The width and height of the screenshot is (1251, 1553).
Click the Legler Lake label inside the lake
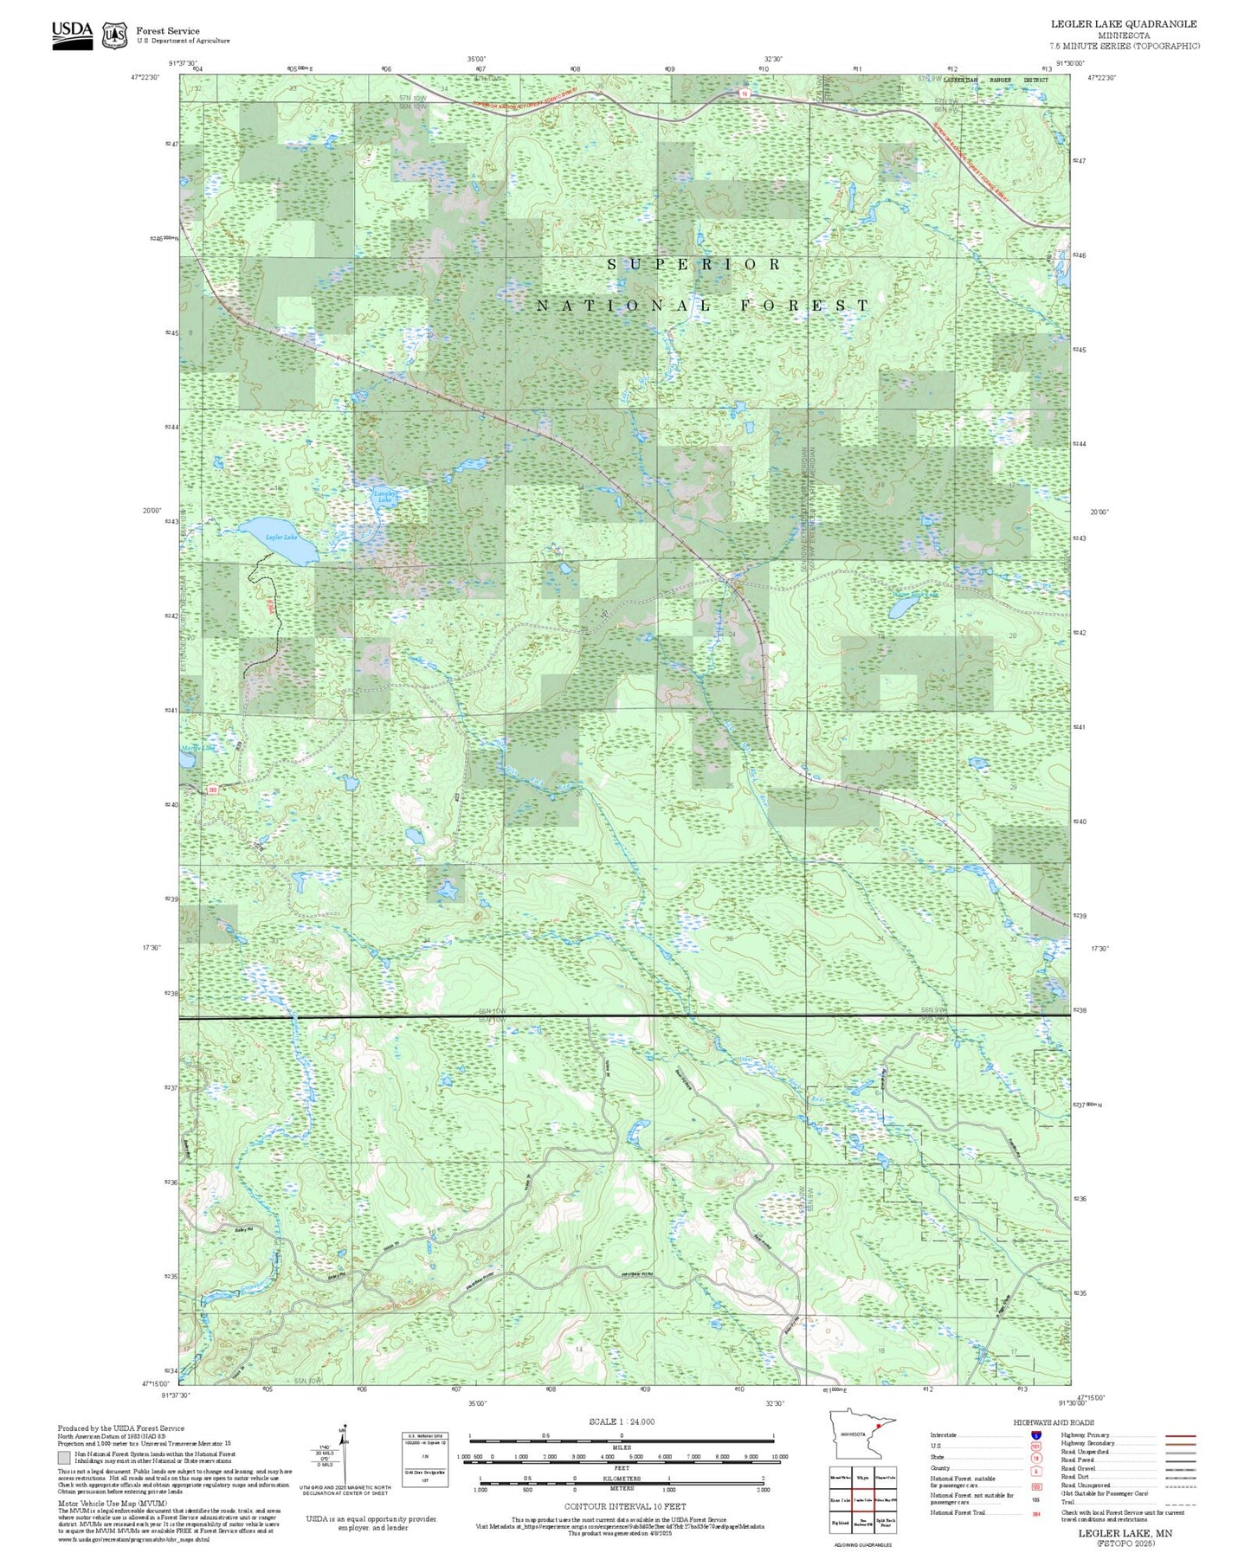[281, 538]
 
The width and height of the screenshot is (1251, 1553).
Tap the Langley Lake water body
[383, 497]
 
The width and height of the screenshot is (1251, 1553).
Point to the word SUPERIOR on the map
[693, 265]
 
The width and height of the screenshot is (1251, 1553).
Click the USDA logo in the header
[72, 35]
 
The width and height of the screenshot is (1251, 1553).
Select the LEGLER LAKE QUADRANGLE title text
[1124, 24]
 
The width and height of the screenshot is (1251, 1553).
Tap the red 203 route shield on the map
[212, 789]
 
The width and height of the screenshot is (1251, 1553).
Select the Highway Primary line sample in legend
[1180, 1435]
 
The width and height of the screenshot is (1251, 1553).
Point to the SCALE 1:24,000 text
[621, 1421]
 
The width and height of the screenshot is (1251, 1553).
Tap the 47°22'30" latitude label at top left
[145, 78]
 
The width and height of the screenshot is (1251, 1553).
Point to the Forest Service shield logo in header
[114, 35]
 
